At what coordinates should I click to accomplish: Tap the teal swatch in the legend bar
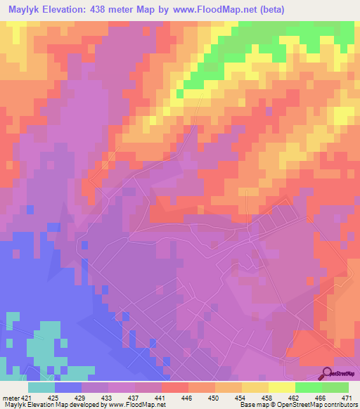[42, 387]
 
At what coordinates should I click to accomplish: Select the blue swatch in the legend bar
[69, 387]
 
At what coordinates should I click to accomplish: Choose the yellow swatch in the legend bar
[282, 387]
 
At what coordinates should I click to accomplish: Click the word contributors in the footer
[337, 405]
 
